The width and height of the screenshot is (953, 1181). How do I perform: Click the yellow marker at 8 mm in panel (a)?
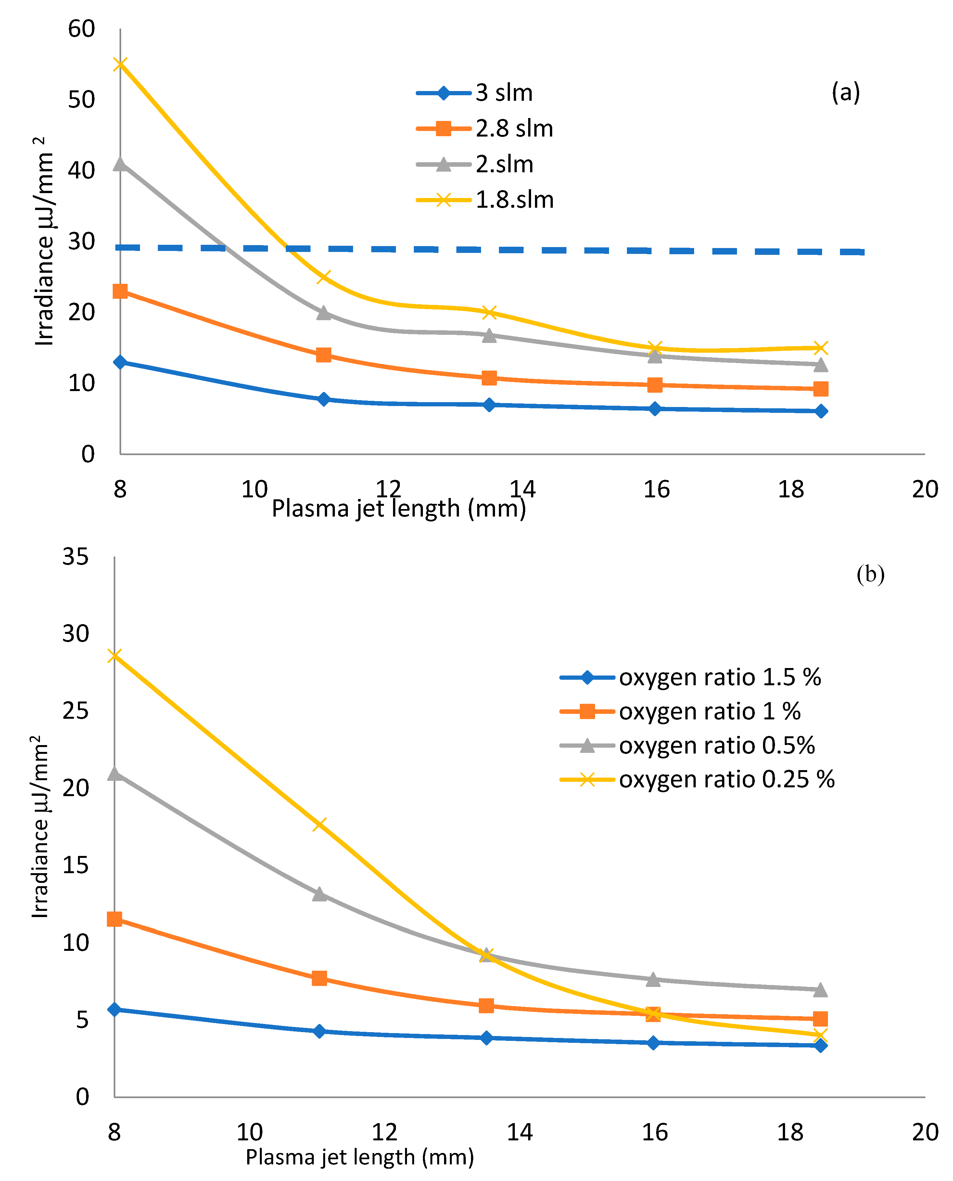coord(120,64)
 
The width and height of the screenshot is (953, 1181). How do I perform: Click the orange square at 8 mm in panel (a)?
coord(120,291)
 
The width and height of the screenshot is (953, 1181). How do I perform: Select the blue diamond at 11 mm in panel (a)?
coord(324,399)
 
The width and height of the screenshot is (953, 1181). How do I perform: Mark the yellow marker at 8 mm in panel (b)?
coord(114,656)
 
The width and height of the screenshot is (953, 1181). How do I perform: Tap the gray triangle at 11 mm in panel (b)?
coord(320,894)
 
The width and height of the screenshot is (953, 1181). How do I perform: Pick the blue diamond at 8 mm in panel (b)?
coord(114,1010)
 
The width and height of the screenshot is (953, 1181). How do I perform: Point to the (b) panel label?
coord(870,574)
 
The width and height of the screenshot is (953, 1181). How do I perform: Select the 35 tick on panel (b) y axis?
coord(76,557)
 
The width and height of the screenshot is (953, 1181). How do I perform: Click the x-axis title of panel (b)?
coord(360,1157)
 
